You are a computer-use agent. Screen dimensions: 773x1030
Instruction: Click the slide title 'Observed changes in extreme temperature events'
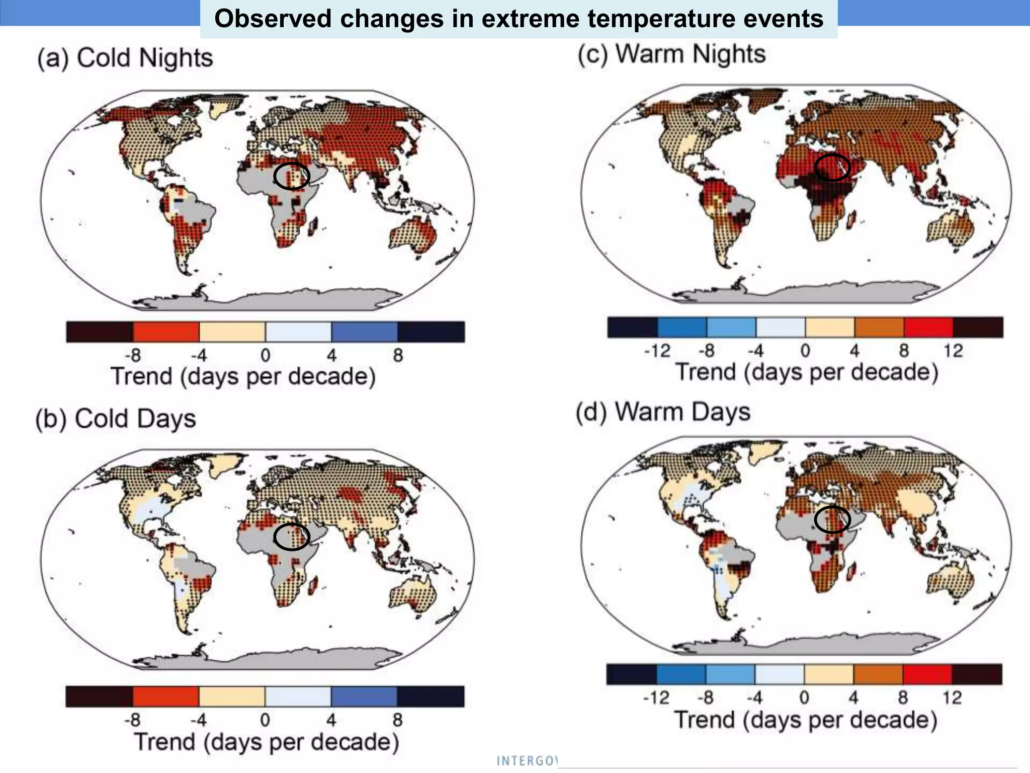click(519, 19)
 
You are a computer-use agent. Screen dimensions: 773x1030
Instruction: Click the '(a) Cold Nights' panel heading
click(125, 58)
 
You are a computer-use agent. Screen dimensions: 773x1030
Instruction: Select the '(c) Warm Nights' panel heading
click(671, 54)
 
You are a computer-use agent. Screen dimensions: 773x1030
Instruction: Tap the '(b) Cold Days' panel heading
click(116, 419)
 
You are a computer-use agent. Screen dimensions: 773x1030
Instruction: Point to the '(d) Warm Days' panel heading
click(663, 412)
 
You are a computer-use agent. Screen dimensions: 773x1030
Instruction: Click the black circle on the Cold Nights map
click(292, 176)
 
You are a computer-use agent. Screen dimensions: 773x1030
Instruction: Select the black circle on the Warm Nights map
click(832, 168)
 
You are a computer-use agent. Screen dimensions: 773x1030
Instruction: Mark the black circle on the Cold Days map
click(292, 536)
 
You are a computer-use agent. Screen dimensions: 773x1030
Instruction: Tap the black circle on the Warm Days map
click(832, 519)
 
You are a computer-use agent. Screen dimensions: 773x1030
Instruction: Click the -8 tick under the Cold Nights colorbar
click(133, 355)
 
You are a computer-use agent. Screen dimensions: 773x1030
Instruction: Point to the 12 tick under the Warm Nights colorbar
click(953, 351)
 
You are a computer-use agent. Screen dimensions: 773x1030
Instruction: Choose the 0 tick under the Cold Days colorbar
click(265, 720)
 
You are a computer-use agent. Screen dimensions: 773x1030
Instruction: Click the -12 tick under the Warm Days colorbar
click(656, 698)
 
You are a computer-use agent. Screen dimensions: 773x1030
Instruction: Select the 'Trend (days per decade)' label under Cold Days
click(266, 742)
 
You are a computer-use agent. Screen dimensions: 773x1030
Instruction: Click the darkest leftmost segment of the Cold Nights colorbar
click(100, 332)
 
